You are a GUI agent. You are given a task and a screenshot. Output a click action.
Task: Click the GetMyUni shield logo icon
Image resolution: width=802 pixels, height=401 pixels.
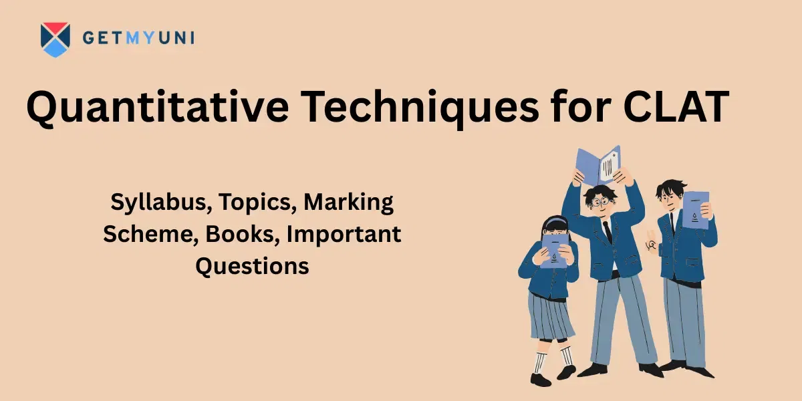coord(55,39)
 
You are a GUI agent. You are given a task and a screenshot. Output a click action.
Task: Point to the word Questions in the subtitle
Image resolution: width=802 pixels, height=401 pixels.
coord(252,265)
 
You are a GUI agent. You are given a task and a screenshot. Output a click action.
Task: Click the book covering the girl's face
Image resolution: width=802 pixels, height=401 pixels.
coord(554,249)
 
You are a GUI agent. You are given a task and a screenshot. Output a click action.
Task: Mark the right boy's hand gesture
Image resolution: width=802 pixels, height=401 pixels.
coord(650,246)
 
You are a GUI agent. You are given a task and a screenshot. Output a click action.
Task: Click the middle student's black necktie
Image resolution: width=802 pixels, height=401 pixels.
coord(608,230)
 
